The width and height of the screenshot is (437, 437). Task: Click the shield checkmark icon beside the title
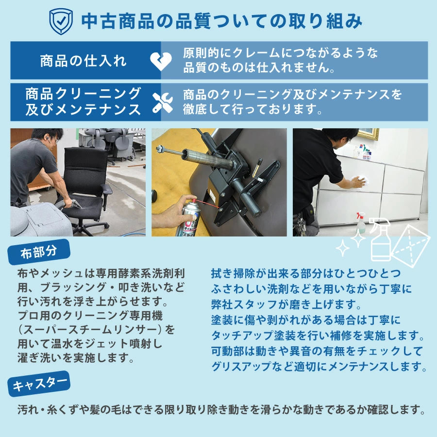[x=61, y=21]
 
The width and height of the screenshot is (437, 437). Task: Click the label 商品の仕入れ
[x=83, y=61]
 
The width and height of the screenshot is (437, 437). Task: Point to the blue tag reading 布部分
[x=39, y=253]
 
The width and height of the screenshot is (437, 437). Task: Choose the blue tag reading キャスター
[x=39, y=385]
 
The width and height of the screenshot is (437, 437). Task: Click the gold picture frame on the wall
[x=368, y=134]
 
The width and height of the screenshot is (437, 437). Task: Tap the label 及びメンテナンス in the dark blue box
[x=83, y=109]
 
